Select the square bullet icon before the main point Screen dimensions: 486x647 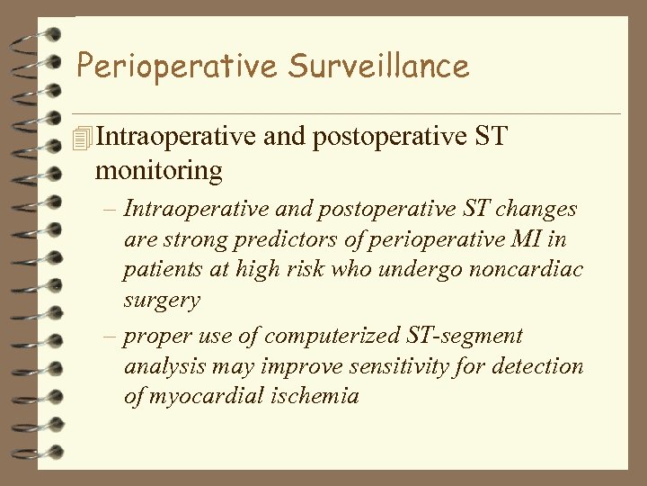point(84,138)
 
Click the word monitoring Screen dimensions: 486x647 point(158,169)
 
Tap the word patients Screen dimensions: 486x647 point(164,271)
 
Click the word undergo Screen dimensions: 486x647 point(401,271)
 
